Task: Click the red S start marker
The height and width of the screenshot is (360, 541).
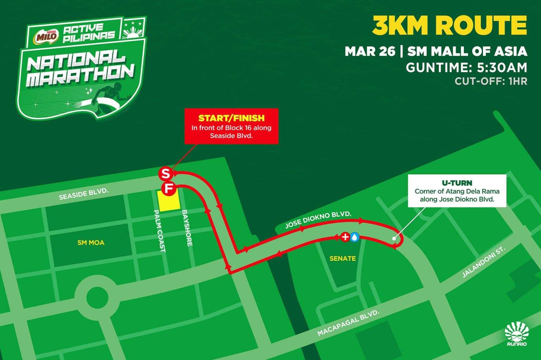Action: click(165, 173)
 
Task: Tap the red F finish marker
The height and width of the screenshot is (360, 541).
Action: click(169, 188)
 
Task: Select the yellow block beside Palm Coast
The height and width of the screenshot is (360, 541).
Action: click(169, 201)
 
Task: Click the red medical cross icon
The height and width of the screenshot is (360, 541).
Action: click(345, 237)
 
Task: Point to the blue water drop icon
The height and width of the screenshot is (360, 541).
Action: click(354, 237)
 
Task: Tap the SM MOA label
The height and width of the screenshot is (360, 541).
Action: click(91, 242)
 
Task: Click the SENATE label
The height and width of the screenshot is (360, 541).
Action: click(342, 259)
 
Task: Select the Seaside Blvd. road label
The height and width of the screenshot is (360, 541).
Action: click(83, 194)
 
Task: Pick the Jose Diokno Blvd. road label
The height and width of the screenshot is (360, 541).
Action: click(318, 219)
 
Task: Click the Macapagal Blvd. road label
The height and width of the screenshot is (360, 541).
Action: click(348, 323)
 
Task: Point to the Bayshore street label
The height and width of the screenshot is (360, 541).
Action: click(187, 228)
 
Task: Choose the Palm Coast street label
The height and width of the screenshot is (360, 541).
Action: click(159, 231)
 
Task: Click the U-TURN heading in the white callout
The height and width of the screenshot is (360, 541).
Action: click(457, 183)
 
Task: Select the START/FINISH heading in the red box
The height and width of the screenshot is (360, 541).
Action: click(231, 118)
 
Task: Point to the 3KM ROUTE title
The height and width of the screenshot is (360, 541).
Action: click(449, 25)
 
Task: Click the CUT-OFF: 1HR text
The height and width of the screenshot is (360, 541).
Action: click(491, 81)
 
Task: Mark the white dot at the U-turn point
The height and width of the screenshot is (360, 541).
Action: click(394, 238)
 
